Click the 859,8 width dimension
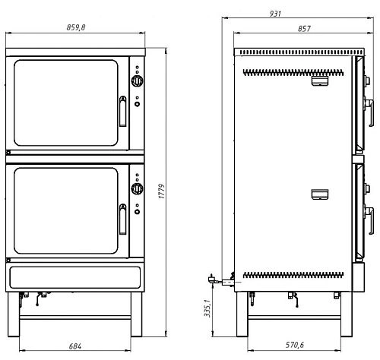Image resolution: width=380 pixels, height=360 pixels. (76, 27)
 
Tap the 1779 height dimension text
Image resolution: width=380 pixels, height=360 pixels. (162, 191)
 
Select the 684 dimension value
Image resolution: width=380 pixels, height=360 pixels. (75, 346)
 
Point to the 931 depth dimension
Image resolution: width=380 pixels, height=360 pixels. (275, 14)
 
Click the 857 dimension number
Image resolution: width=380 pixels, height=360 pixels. (304, 29)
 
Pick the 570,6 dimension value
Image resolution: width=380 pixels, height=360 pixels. (295, 345)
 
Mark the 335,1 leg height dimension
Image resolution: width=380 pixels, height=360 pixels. (207, 308)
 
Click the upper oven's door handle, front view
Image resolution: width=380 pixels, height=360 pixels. (123, 112)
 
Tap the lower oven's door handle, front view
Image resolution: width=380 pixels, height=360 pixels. (123, 219)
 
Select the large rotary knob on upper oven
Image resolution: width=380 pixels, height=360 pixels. (137, 81)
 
